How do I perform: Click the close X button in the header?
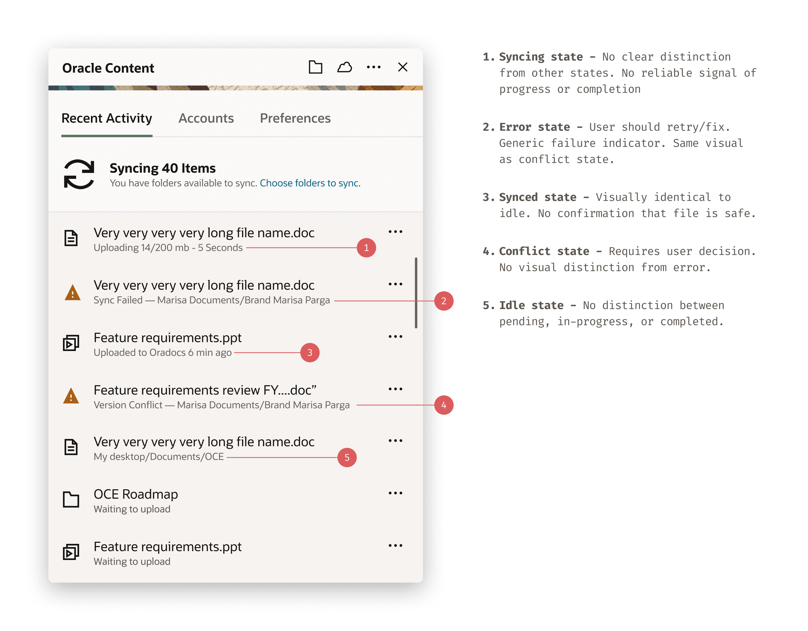(403, 67)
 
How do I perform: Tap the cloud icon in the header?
(344, 67)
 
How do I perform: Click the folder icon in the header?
(315, 67)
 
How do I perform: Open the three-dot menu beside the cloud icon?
(374, 67)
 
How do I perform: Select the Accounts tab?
(206, 118)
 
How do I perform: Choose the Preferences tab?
(295, 118)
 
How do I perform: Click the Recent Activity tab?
(107, 118)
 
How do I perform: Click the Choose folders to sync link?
(310, 183)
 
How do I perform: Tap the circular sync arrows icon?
(79, 174)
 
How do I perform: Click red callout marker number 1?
(366, 248)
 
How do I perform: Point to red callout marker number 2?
(444, 301)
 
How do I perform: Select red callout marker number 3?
(310, 353)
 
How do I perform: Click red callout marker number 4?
(444, 405)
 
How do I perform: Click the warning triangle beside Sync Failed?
(73, 293)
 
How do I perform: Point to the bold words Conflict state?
(544, 251)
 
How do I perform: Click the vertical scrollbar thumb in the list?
(416, 293)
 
